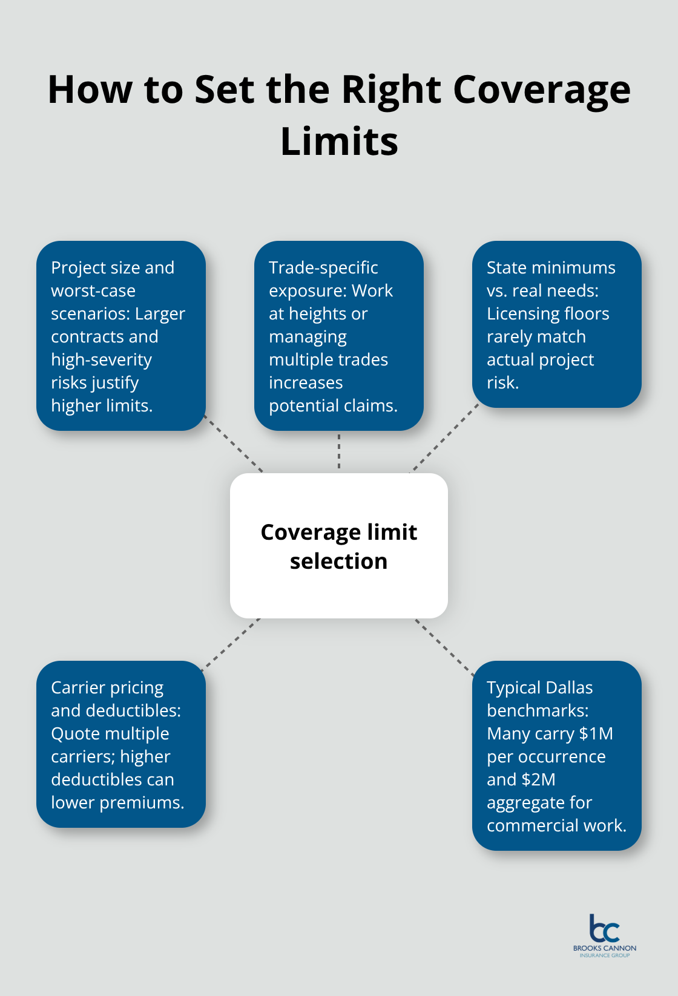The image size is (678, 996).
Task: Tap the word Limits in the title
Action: (339, 142)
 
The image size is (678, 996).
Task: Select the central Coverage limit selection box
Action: (339, 546)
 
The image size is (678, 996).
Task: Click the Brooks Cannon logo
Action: (604, 935)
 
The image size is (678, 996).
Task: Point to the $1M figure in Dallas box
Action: (596, 734)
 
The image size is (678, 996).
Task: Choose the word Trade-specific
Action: (323, 268)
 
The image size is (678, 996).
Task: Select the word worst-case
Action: (93, 291)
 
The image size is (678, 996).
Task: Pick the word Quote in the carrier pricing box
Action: (73, 734)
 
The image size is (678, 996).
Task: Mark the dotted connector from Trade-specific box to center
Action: (339, 451)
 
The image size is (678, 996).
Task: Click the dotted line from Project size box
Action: (235, 445)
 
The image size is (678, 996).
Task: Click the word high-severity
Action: (101, 360)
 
